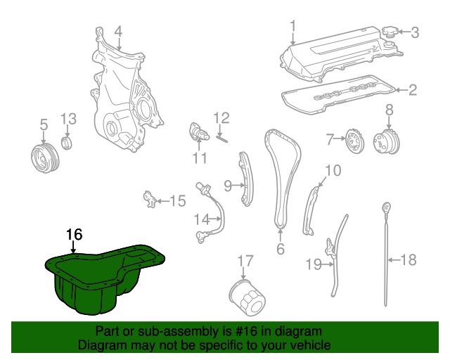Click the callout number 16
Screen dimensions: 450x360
click(74, 235)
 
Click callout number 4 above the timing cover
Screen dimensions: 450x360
click(118, 31)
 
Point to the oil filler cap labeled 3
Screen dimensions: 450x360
click(390, 33)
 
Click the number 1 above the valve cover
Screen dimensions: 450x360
click(293, 27)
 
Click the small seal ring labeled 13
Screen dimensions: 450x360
click(67, 145)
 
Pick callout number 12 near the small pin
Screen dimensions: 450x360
click(221, 117)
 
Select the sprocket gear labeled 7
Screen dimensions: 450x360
click(353, 143)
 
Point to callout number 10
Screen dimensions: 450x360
click(333, 170)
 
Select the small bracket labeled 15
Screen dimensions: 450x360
click(150, 199)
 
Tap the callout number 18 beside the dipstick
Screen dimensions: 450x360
click(408, 260)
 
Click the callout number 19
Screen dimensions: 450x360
click(313, 264)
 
